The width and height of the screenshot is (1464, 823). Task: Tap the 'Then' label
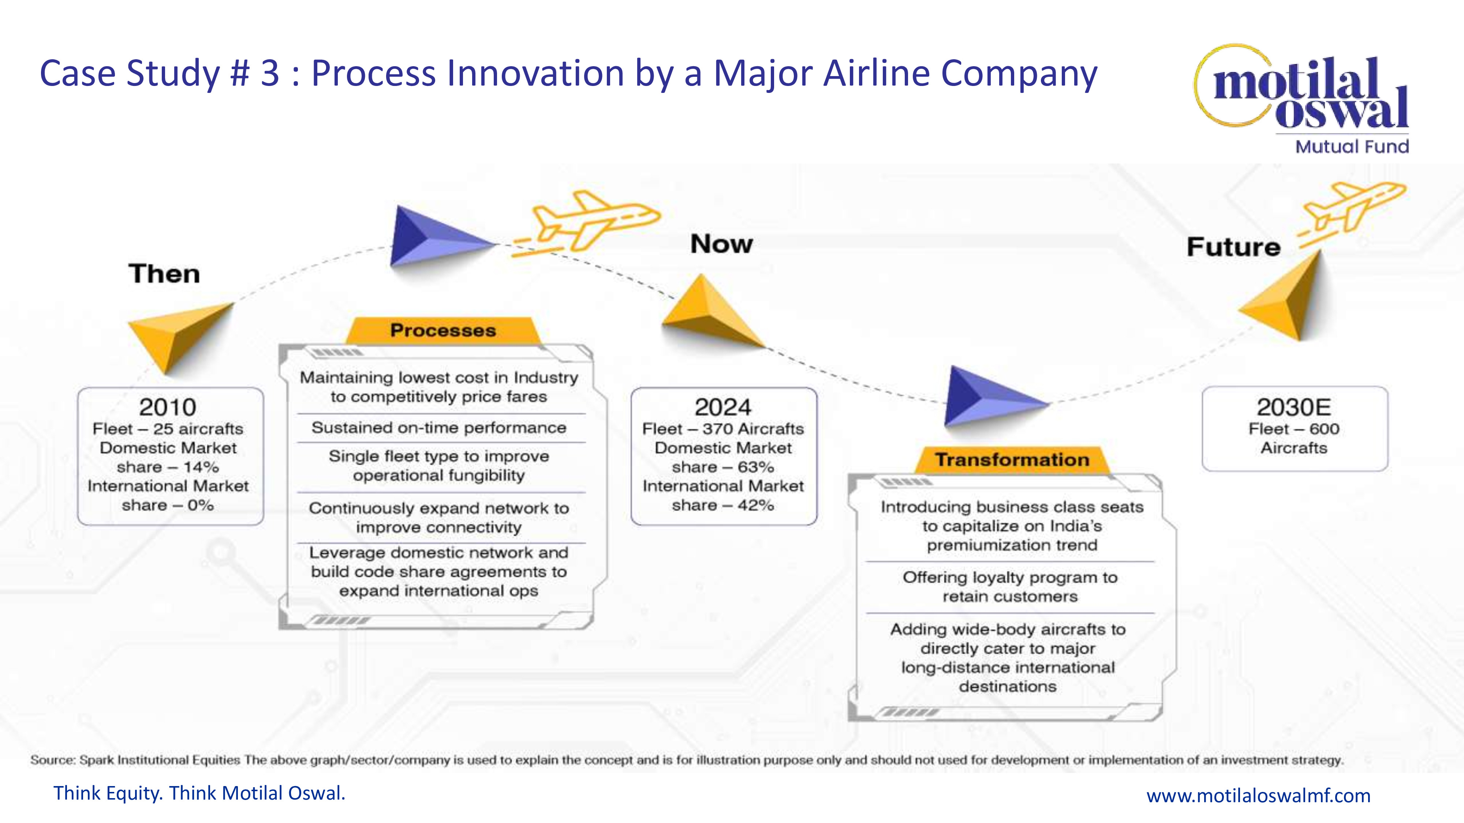click(x=164, y=274)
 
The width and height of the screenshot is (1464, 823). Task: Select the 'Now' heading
click(x=721, y=244)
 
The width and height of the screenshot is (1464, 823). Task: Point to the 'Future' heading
click(x=1233, y=247)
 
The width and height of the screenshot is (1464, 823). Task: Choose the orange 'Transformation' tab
click(x=1012, y=459)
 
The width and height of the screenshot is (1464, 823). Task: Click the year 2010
click(x=168, y=407)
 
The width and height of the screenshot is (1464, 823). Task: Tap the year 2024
click(x=723, y=407)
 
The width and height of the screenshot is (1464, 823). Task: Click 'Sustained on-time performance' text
click(x=439, y=428)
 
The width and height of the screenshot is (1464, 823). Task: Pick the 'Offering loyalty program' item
click(x=1010, y=587)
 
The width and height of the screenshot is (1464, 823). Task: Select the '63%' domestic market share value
click(x=755, y=467)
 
